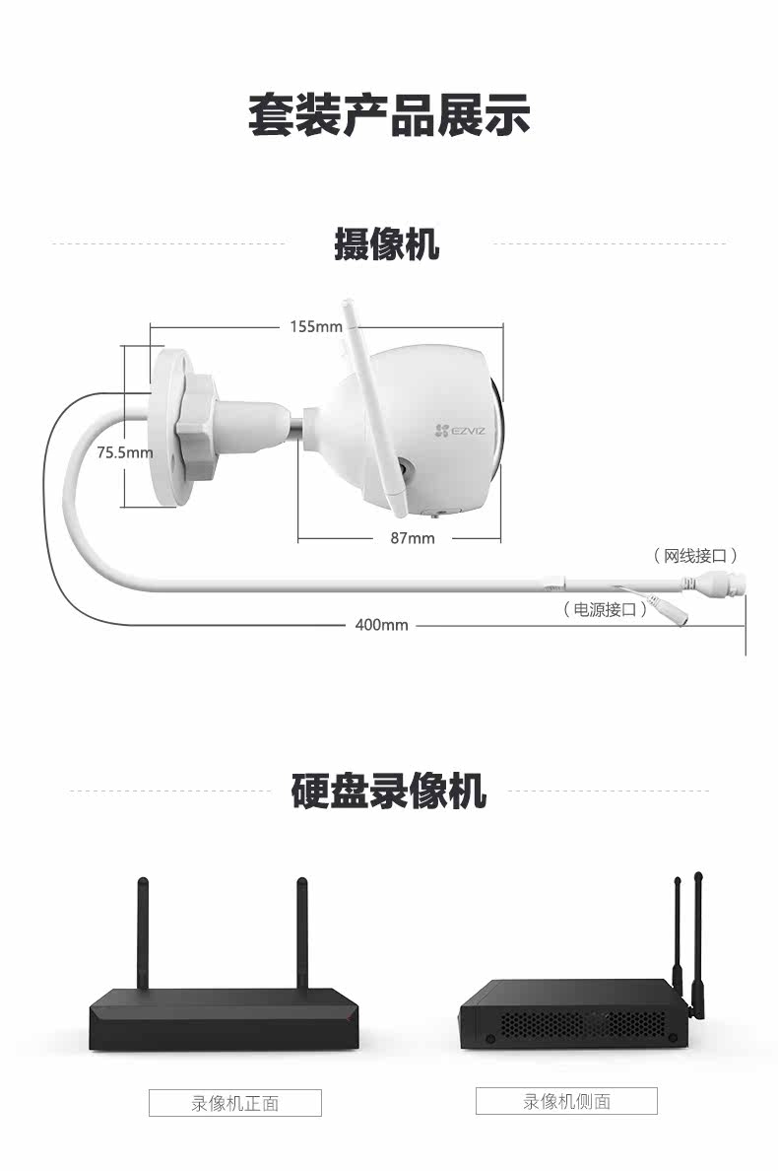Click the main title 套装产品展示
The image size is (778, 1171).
pos(388,115)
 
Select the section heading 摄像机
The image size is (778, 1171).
pos(387,242)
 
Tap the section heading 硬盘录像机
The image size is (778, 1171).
pos(388,791)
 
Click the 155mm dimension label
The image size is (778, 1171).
pos(315,326)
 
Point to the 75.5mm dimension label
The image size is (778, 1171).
pos(125,452)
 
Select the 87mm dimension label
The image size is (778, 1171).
pos(412,538)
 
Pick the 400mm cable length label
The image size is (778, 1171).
pos(381,625)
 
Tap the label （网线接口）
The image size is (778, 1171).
pos(696,556)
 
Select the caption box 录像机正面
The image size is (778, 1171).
pos(234,1102)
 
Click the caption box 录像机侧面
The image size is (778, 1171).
pos(566,1100)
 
